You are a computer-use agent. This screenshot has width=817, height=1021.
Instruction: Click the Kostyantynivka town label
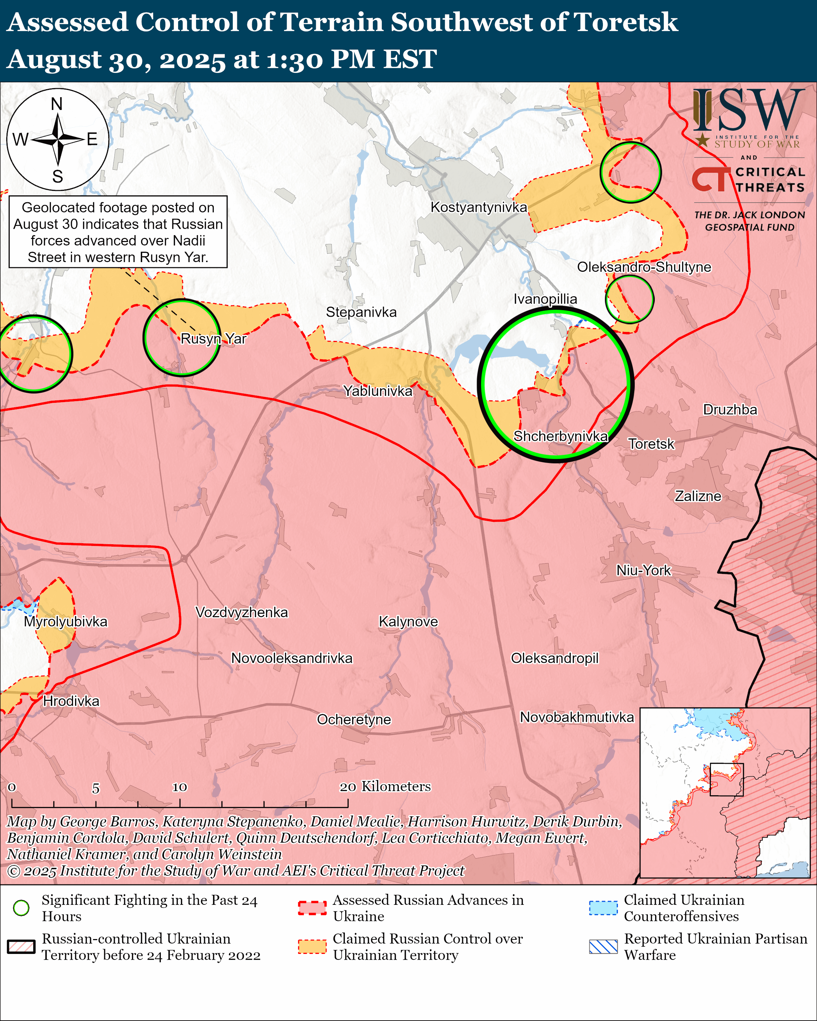click(x=478, y=207)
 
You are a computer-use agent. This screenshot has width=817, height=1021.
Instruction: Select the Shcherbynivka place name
click(x=561, y=436)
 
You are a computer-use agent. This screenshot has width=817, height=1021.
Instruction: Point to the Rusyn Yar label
click(x=214, y=338)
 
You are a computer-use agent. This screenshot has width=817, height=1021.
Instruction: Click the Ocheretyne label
click(x=354, y=720)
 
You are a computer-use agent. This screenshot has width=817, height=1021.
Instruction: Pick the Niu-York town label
click(x=643, y=570)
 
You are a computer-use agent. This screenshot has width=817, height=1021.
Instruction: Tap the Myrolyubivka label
click(x=66, y=621)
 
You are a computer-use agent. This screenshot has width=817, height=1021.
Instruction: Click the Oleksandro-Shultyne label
click(x=644, y=267)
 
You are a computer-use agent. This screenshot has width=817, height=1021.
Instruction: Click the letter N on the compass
click(x=57, y=104)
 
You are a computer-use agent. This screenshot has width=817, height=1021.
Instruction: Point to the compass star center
click(x=58, y=140)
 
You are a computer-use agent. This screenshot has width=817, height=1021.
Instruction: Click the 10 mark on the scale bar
click(x=180, y=787)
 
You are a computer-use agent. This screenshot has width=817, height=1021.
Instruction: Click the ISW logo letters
click(x=748, y=111)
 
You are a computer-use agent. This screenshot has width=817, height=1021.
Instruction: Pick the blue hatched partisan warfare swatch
click(x=603, y=946)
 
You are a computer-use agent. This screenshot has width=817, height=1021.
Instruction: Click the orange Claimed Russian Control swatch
click(x=312, y=946)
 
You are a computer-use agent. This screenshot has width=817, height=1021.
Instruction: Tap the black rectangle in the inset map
click(x=726, y=779)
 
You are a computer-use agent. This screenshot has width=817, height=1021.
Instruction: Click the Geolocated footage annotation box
click(x=118, y=232)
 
